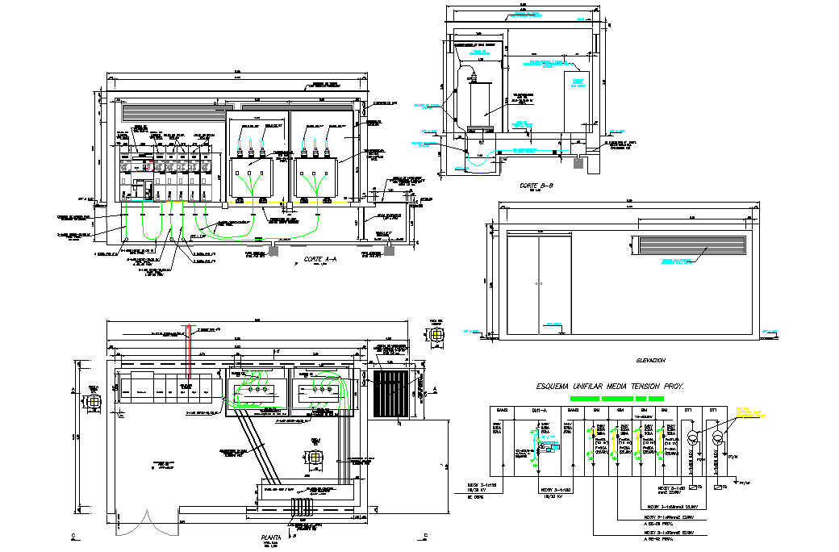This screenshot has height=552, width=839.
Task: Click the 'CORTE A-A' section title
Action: point(319,259)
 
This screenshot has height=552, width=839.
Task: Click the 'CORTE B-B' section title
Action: point(536,186)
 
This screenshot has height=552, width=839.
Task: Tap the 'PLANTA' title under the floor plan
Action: point(272,537)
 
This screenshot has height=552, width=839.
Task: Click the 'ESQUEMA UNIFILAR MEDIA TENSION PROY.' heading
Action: point(610,387)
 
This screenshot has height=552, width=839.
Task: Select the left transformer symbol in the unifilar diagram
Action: point(692,438)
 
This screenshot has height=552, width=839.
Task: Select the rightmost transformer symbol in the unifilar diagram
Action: point(716,438)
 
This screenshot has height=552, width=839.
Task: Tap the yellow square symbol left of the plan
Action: point(95,401)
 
